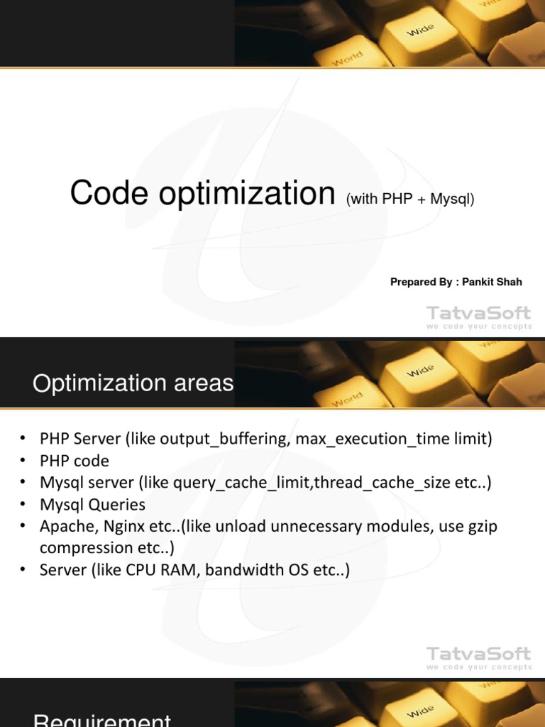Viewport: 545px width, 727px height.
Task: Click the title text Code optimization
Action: coord(202,194)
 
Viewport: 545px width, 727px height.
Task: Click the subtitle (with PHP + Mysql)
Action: coord(410,199)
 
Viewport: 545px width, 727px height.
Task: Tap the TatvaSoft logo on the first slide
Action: coord(478,316)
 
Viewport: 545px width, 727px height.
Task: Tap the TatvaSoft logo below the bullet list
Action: coord(478,657)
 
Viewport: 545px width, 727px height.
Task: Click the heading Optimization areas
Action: coord(133,383)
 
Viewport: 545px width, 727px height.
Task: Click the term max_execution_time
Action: coord(375,439)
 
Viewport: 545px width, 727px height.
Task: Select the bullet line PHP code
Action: coord(75,461)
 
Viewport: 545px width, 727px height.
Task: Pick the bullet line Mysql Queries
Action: coord(92,505)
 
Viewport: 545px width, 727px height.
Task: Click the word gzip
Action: coord(480,527)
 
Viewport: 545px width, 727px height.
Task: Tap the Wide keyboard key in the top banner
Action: coord(420,31)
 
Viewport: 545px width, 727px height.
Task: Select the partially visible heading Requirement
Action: coord(102,720)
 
